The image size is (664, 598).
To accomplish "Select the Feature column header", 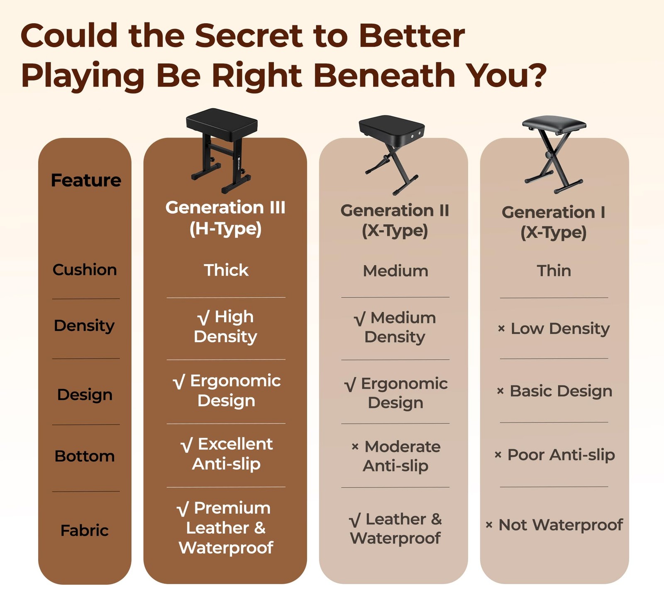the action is click(86, 180).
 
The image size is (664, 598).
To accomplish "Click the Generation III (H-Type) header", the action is click(225, 218).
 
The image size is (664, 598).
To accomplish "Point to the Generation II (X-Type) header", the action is click(395, 221).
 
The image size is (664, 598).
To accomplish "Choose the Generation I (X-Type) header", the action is click(554, 222).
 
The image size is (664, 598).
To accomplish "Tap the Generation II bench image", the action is click(392, 154).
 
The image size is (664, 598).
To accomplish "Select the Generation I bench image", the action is click(554, 154).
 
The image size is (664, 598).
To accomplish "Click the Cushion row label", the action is click(85, 270).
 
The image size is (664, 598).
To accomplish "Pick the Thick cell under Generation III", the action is click(226, 270).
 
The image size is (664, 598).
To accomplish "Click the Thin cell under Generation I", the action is click(554, 271).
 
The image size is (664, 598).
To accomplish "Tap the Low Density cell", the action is click(554, 328).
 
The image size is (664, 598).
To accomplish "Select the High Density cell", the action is click(226, 327).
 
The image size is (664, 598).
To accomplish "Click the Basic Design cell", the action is click(554, 391).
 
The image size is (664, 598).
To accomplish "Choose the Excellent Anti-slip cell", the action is click(227, 454).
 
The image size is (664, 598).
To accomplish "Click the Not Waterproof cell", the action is click(554, 525).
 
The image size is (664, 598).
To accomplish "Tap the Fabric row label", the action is click(85, 530).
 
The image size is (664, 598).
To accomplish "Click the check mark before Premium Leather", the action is click(183, 509).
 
